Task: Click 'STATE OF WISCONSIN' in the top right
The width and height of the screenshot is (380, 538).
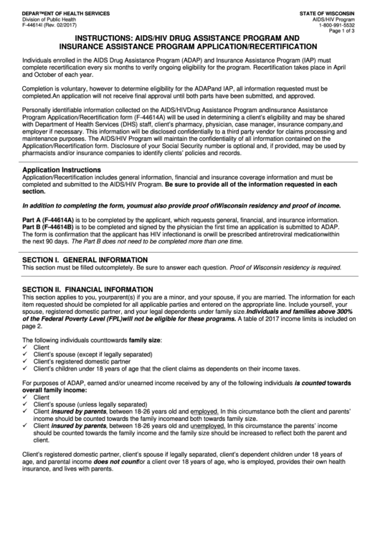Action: (x=337, y=12)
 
